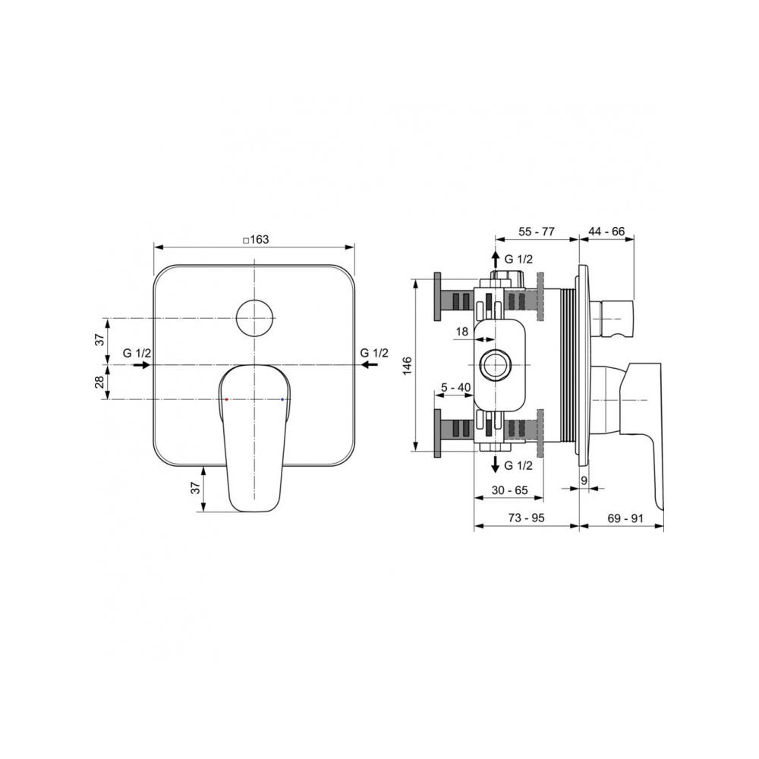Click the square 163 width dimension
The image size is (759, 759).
coord(256,240)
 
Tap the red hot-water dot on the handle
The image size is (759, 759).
coord(226,399)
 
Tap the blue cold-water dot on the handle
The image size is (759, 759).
coord(282,399)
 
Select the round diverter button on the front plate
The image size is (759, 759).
coord(254,318)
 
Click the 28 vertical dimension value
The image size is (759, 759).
coord(99,383)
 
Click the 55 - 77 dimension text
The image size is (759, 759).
coord(537,231)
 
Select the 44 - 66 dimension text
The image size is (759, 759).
coord(606,231)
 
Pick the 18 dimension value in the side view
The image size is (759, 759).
coord(462,332)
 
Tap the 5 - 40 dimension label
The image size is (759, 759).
coord(455,387)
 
